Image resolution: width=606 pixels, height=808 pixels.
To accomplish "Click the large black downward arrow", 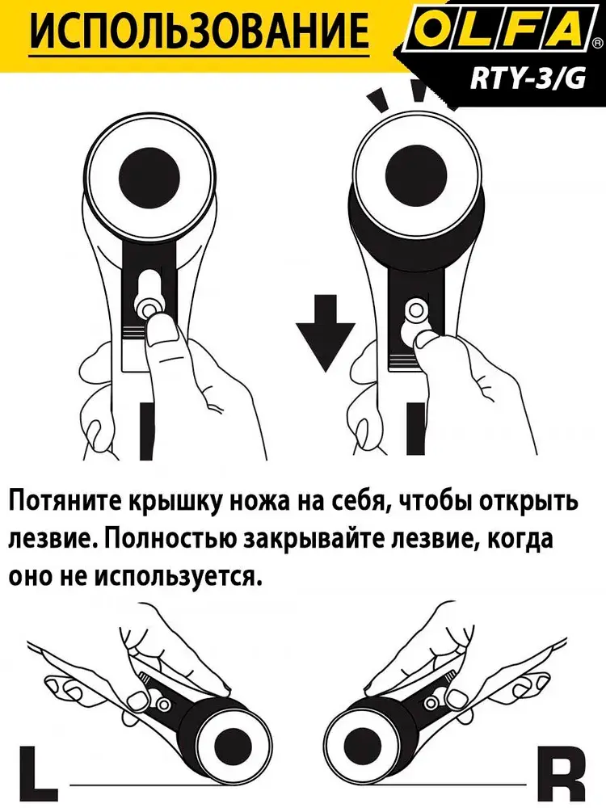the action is point(326,332).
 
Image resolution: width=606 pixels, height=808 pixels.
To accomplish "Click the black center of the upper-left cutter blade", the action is point(149,175).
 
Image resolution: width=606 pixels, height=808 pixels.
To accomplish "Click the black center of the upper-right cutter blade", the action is point(416,175).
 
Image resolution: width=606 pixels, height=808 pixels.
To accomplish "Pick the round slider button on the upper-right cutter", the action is point(415,309).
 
